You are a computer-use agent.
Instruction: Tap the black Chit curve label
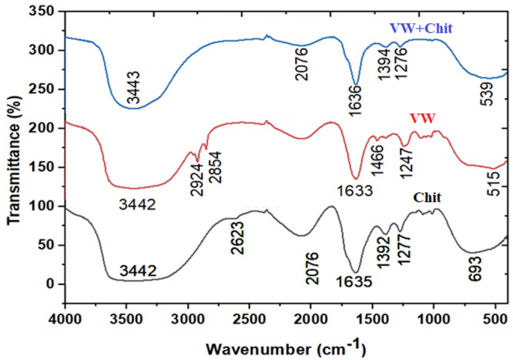tap(428, 198)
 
